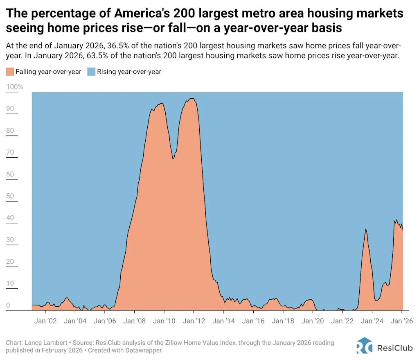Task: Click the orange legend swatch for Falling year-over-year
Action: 10,72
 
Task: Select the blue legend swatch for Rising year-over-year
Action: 91,72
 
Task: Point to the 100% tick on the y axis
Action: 15,87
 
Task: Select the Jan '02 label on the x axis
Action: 46,321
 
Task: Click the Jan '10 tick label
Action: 164,321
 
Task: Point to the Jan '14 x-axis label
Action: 223,321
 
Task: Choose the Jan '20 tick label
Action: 313,321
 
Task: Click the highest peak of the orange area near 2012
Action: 191,99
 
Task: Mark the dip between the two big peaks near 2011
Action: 173,158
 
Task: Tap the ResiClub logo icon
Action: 364,345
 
